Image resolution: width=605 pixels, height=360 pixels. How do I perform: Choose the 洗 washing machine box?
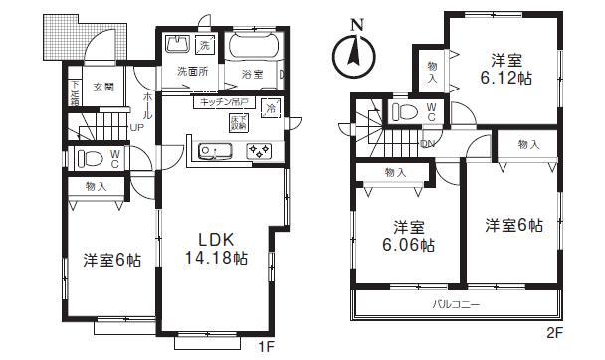pos(204,47)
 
